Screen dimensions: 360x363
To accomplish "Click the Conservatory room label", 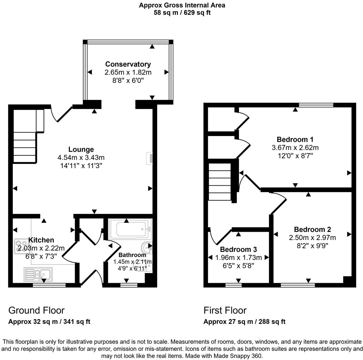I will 128,64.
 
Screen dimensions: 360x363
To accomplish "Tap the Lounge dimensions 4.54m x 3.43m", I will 81,157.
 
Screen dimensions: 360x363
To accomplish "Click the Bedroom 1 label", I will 295,139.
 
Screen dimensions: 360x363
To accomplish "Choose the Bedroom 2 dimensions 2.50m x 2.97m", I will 312,237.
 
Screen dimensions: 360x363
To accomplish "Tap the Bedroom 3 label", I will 238,249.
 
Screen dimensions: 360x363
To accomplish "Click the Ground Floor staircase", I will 25,146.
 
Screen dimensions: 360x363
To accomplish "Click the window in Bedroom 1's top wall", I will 316,105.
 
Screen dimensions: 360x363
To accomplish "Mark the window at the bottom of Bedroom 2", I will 298,285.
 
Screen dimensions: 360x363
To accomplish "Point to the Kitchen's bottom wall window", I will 49,285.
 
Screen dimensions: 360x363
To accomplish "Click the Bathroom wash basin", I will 147,247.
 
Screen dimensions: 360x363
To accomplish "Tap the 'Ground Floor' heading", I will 36,310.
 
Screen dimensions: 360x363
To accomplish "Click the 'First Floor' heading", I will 225,310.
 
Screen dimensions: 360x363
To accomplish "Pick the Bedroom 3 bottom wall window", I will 233,285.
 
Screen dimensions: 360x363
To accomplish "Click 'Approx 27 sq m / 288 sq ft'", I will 244,322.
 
